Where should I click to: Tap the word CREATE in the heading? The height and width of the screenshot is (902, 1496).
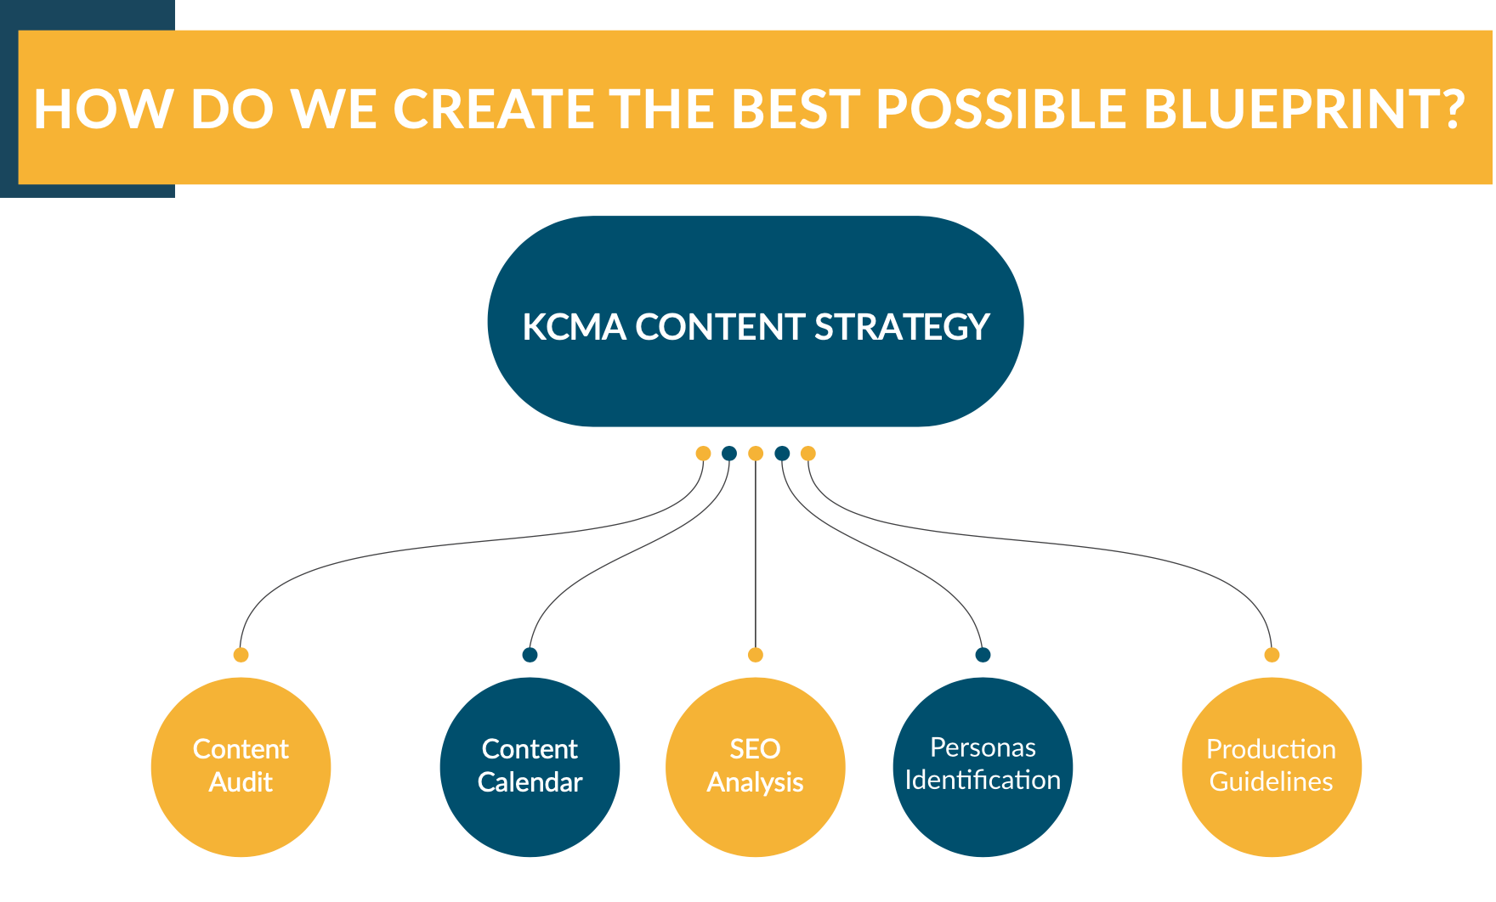point(493,109)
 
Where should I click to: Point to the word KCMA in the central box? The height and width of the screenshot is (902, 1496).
point(573,327)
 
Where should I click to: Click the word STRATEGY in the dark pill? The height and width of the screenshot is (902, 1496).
point(902,327)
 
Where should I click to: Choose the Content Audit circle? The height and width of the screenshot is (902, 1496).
point(241,767)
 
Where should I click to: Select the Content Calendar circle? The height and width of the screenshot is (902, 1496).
point(530,767)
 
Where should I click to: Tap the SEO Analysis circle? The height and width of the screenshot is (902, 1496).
point(755,767)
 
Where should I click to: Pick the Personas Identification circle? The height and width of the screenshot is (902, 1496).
point(983,767)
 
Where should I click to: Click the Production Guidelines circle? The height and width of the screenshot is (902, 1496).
point(1272,767)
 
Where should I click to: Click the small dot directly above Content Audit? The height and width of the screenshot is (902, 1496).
point(241,655)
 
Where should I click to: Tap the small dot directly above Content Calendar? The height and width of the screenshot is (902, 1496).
point(530,655)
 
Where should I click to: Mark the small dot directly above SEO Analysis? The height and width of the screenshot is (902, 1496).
point(755,655)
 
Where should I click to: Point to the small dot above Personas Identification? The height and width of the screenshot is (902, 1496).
point(983,655)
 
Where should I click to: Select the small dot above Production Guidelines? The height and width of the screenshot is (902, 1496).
point(1272,655)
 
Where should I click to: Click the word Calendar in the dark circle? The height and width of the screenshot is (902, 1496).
point(530,782)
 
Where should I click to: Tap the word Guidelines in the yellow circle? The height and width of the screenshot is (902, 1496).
point(1272,782)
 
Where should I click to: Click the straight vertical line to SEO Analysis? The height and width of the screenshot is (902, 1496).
point(755,552)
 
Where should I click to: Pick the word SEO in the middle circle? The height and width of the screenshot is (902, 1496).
point(755,749)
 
